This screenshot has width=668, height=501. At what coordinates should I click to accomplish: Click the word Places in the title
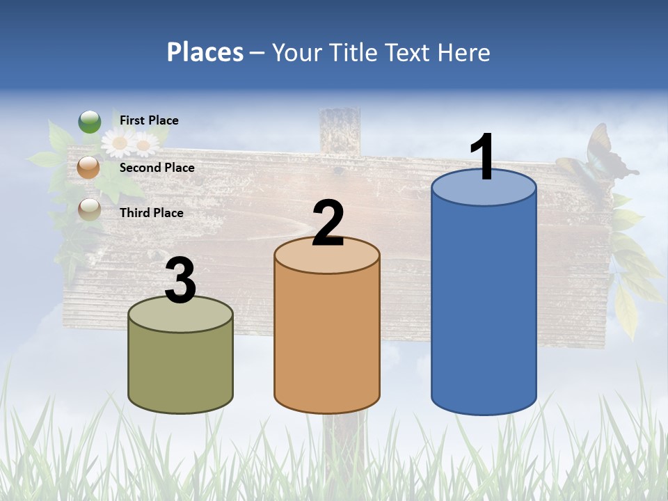(x=205, y=52)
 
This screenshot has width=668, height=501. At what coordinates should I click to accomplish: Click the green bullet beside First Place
(x=89, y=122)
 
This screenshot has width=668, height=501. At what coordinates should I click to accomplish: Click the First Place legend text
(x=149, y=120)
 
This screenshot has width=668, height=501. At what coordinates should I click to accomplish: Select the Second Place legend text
(x=157, y=168)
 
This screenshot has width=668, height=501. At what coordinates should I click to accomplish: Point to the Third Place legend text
(x=151, y=213)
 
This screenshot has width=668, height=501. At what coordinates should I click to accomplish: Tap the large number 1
(x=483, y=157)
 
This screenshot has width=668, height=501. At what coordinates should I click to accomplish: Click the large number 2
(x=328, y=223)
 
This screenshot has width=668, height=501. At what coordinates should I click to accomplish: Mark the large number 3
(x=180, y=281)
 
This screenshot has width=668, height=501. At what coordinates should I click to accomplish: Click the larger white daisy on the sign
(x=120, y=143)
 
